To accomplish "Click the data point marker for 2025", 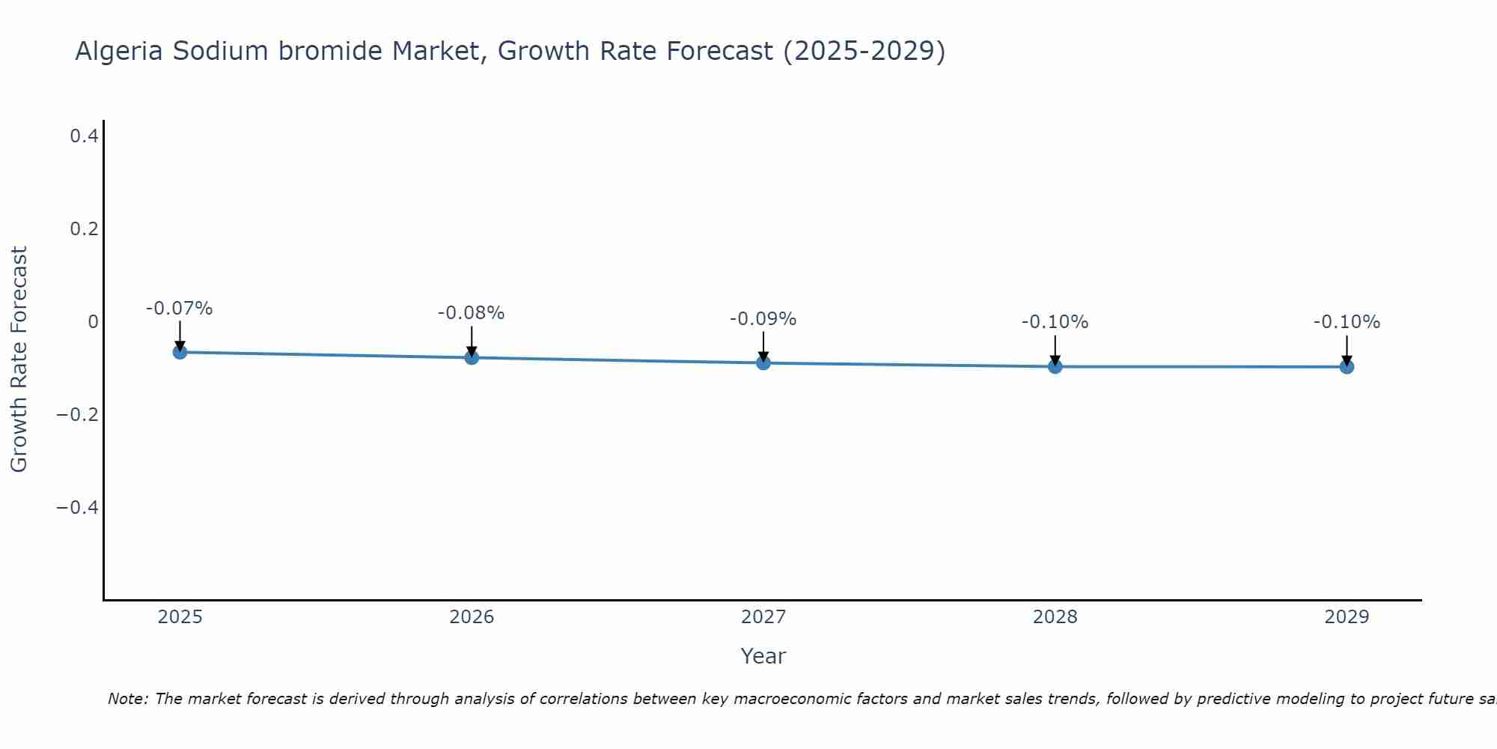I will coord(180,352).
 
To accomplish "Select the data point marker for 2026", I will coord(472,357).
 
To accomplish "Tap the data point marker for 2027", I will coord(763,363).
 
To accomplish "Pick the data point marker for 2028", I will coord(1055,366).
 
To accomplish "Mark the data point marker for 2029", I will coord(1347,366).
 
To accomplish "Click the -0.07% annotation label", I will coord(180,309).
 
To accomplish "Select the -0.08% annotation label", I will coord(472,313).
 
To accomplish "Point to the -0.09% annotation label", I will coord(763,319).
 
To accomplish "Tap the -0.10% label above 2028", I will coord(1055,322).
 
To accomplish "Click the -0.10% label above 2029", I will coord(1347,322).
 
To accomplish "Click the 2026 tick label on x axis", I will coord(472,617).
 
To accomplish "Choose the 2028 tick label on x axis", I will coord(1055,617).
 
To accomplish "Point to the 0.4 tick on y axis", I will coord(84,136).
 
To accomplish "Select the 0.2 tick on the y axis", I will coord(84,229).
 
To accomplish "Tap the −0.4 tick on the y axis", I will coord(78,508).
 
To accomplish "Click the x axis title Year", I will coord(763,656).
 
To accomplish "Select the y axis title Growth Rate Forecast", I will coord(19,360).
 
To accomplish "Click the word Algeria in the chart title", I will coord(119,52).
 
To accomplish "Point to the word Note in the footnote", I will coord(127,699).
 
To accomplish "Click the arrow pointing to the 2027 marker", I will coord(763,346).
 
